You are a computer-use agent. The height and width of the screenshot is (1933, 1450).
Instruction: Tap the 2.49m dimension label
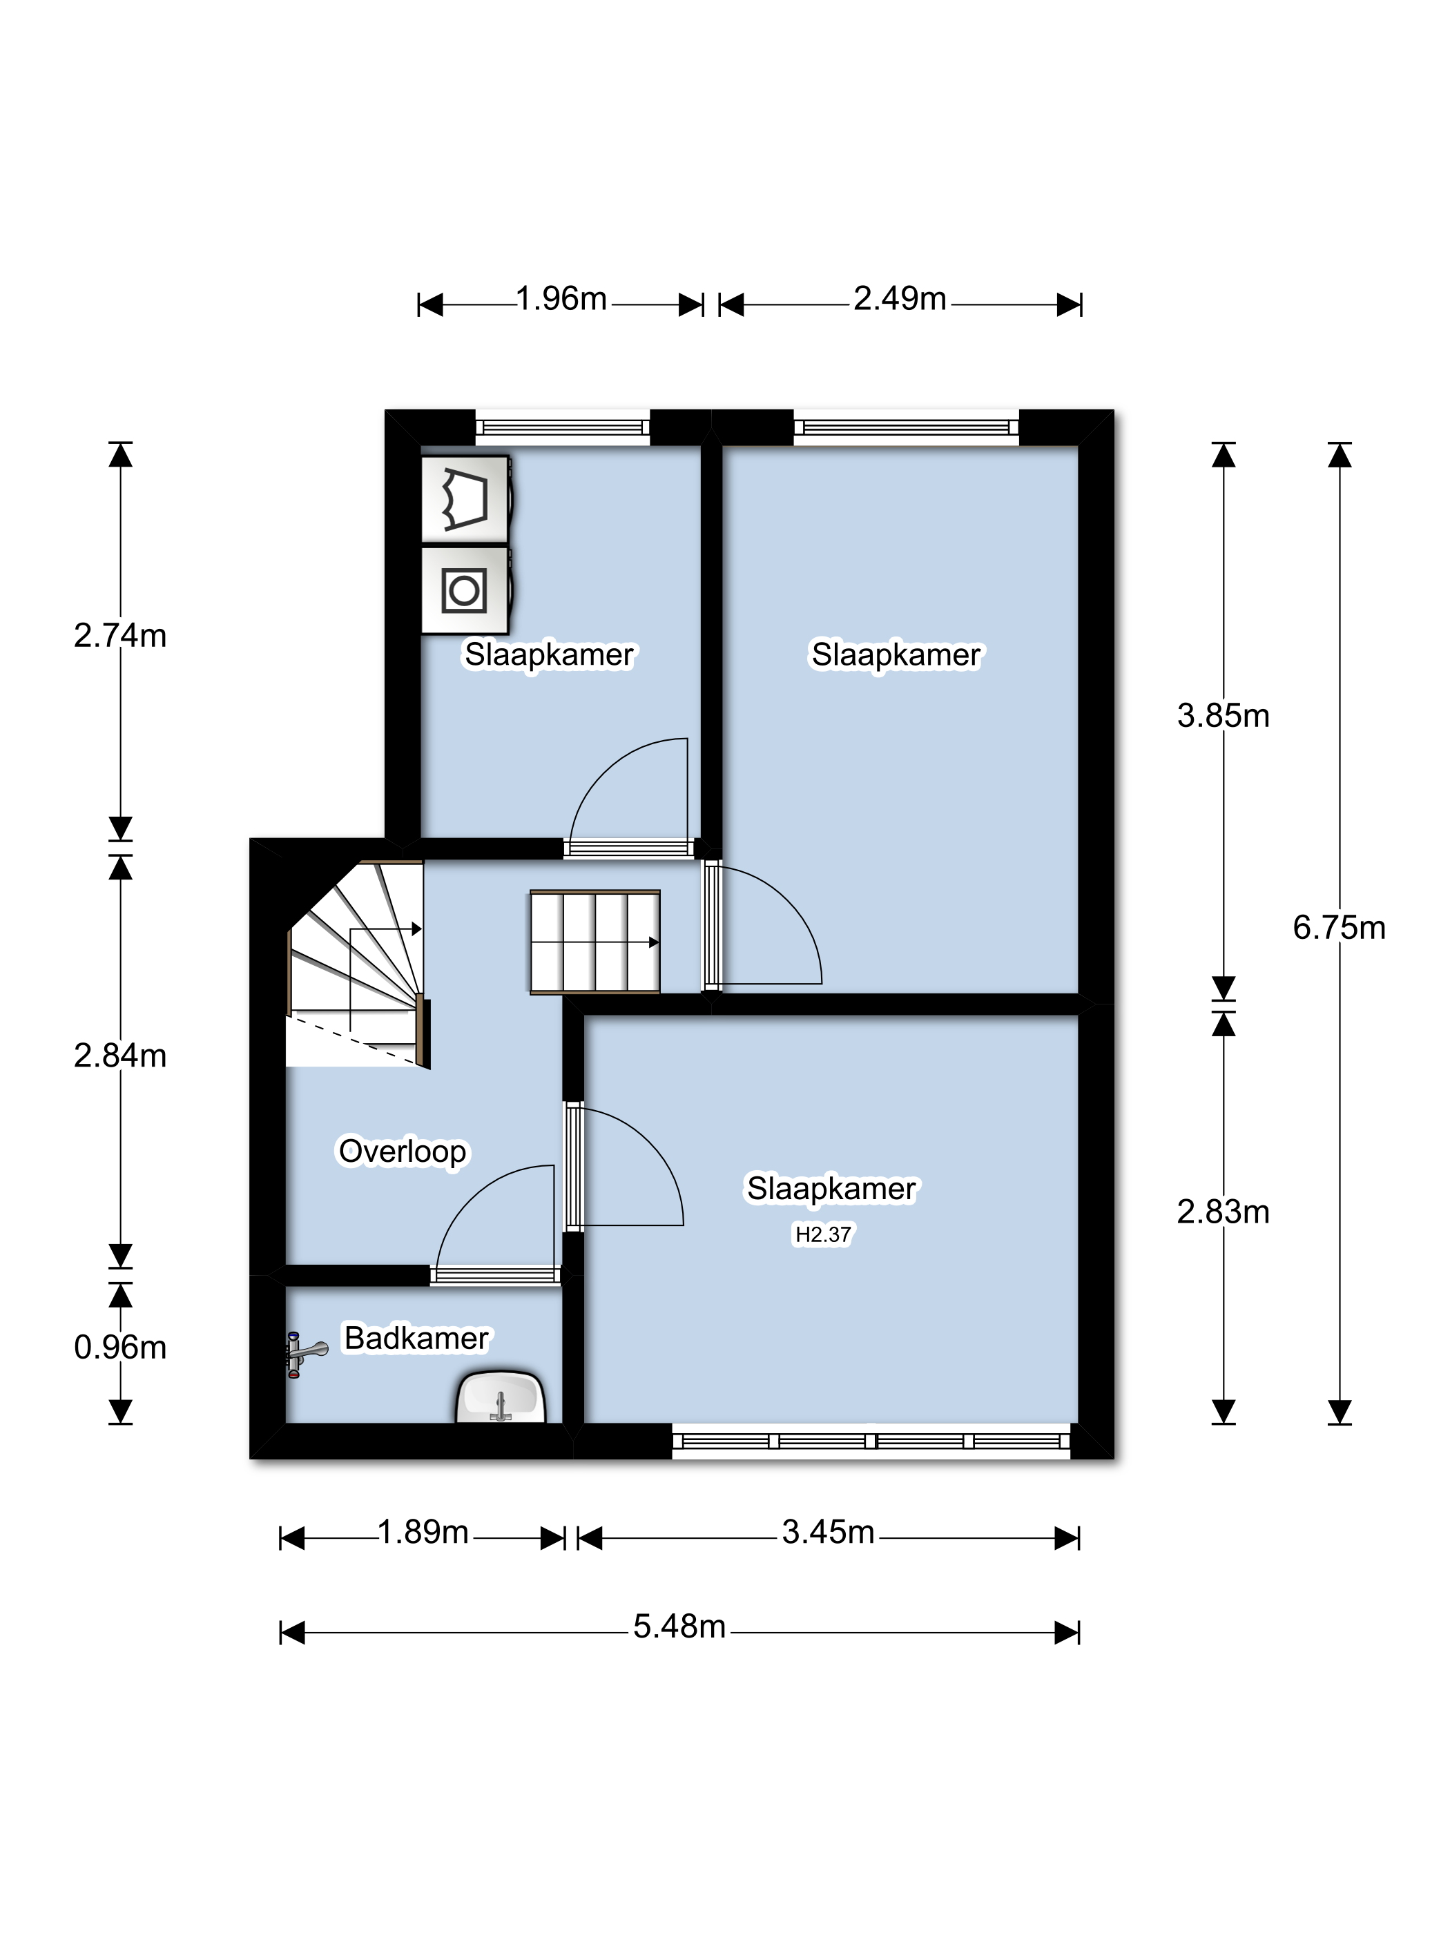900,299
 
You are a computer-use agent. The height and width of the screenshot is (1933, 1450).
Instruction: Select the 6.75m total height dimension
1338,927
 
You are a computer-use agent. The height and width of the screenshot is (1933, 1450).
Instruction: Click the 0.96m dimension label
119,1348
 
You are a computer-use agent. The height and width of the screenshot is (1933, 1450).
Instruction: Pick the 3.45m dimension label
828,1532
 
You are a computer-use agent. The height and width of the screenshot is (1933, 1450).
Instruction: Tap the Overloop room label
402,1151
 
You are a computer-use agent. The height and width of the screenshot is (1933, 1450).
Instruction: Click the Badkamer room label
416,1338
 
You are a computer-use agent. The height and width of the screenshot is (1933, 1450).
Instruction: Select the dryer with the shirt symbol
464,500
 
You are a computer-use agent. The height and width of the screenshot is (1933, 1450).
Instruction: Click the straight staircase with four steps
594,942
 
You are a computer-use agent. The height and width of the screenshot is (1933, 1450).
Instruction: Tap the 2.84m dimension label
119,1056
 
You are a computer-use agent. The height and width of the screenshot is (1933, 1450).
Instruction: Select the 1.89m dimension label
423,1532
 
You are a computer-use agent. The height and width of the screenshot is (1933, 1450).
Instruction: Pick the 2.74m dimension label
119,635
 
